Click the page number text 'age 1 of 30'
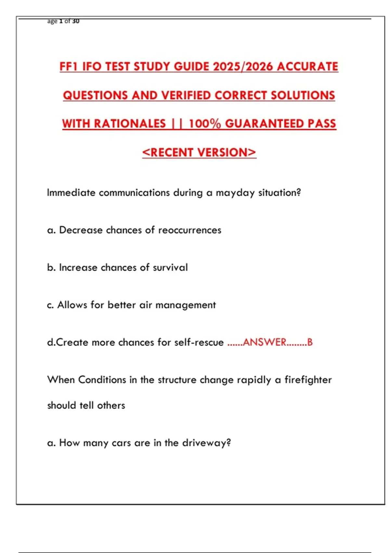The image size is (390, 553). [x=63, y=21]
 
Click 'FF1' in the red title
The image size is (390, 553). [x=69, y=67]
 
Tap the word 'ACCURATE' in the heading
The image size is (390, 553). [x=307, y=67]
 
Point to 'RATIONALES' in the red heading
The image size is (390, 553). [x=130, y=124]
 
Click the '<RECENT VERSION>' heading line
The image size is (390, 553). [x=199, y=152]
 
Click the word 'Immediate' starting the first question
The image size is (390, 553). [x=71, y=193]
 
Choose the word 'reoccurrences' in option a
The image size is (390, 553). [x=190, y=230]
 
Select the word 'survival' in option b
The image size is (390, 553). [x=170, y=268]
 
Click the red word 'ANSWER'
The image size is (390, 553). [x=265, y=343]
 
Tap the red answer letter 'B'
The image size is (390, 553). [x=310, y=343]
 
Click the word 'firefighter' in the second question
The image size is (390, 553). [x=308, y=380]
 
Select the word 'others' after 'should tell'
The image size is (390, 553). [x=111, y=406]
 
